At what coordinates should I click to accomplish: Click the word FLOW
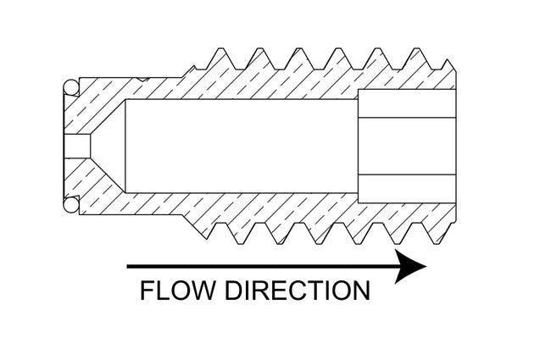point(175,291)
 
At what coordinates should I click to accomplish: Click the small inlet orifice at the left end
point(78,146)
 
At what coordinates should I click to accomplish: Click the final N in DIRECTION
point(359,291)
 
